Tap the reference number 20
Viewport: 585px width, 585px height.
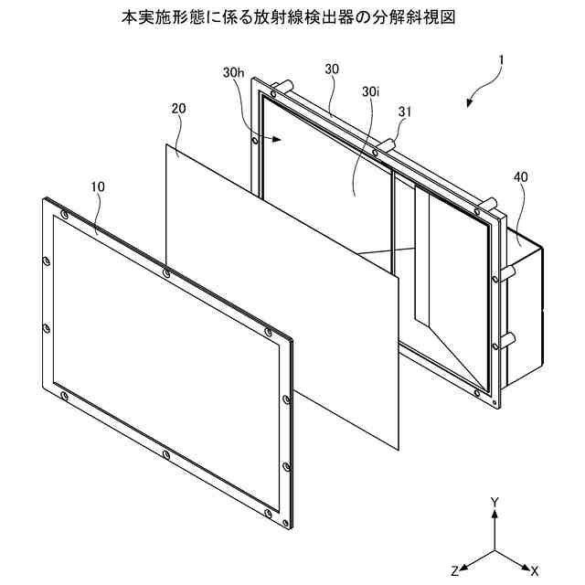pos(178,107)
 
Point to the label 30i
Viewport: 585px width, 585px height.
pos(370,92)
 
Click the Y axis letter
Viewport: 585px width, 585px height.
pos(495,503)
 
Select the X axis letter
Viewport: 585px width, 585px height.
pos(535,569)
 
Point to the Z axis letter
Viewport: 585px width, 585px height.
pos(454,569)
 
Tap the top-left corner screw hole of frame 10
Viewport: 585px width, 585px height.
pos(63,215)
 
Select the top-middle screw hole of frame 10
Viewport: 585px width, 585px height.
pos(165,273)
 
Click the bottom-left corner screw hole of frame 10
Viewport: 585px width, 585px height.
pos(63,395)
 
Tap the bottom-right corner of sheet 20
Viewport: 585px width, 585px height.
pos(399,449)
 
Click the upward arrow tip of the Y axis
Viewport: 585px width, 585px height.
pos(495,514)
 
